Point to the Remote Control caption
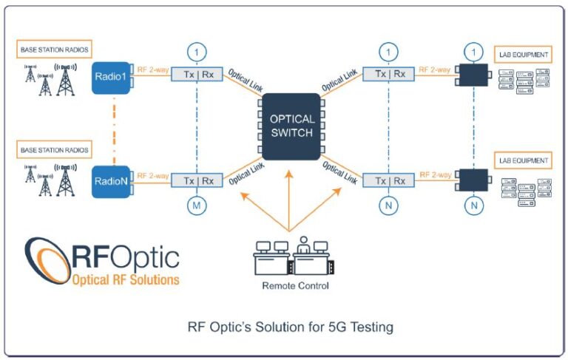(x=291, y=285)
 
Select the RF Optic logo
(x=104, y=262)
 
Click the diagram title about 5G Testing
(x=285, y=326)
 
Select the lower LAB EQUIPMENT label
(x=521, y=160)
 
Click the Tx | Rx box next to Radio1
(x=197, y=75)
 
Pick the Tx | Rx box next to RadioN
(x=197, y=180)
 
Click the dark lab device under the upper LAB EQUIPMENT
(x=473, y=75)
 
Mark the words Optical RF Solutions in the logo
(x=125, y=279)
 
